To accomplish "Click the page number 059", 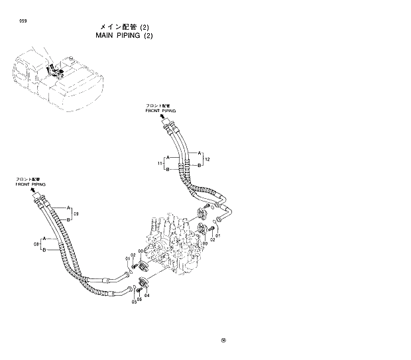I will [23, 22].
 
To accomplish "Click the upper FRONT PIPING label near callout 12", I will [160, 109].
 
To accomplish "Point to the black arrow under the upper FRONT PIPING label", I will [164, 117].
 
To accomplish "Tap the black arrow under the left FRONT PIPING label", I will [33, 190].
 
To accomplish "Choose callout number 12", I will [207, 160].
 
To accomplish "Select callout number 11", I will [160, 163].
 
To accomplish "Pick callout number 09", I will [76, 213].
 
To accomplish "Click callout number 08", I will [36, 244].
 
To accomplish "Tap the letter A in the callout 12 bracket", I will [198, 154].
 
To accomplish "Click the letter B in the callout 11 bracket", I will [168, 169].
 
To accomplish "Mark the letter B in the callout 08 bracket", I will [44, 250].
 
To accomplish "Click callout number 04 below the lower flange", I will [147, 295].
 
